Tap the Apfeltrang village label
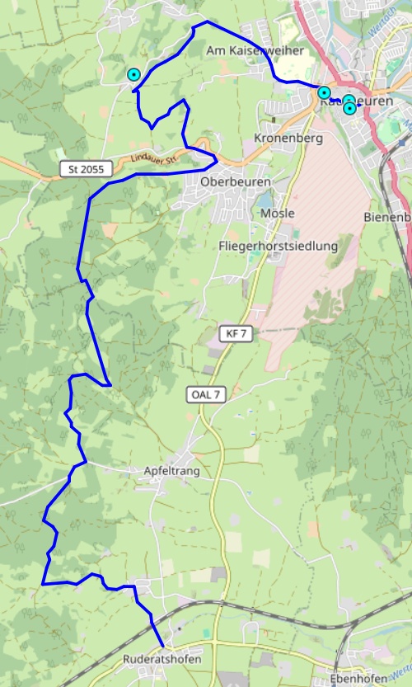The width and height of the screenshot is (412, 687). click(x=171, y=471)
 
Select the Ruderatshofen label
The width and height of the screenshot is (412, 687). click(x=162, y=660)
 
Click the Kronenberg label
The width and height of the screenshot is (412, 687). click(x=288, y=138)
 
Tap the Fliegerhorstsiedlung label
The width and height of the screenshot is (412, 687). click(x=279, y=246)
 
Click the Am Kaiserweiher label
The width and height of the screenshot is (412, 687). click(x=255, y=51)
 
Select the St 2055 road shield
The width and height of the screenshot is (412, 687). click(x=85, y=169)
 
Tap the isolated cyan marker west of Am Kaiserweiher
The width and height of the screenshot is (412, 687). click(x=133, y=75)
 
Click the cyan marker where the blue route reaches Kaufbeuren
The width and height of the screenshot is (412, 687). click(x=325, y=92)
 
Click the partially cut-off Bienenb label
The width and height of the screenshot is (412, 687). click(x=387, y=218)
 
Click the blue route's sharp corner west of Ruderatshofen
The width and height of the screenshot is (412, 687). click(x=42, y=584)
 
